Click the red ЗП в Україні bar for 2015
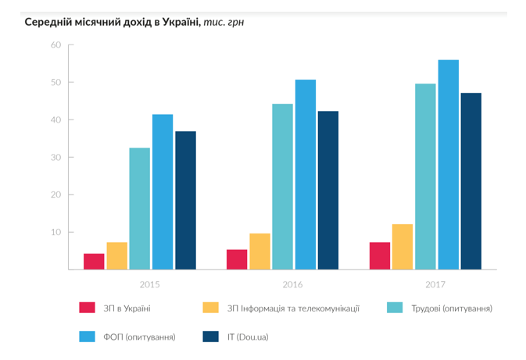(94, 262)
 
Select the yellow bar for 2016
(259, 251)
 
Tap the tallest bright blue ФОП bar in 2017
(448, 165)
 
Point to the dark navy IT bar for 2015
(185, 201)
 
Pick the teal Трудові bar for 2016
(282, 187)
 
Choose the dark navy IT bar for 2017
(471, 181)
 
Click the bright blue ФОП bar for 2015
(163, 192)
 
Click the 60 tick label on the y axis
(55, 45)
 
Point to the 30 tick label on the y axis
(55, 158)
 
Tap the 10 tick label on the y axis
(55, 233)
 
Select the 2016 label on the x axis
(293, 283)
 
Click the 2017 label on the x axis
(436, 283)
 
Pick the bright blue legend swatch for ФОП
(86, 337)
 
